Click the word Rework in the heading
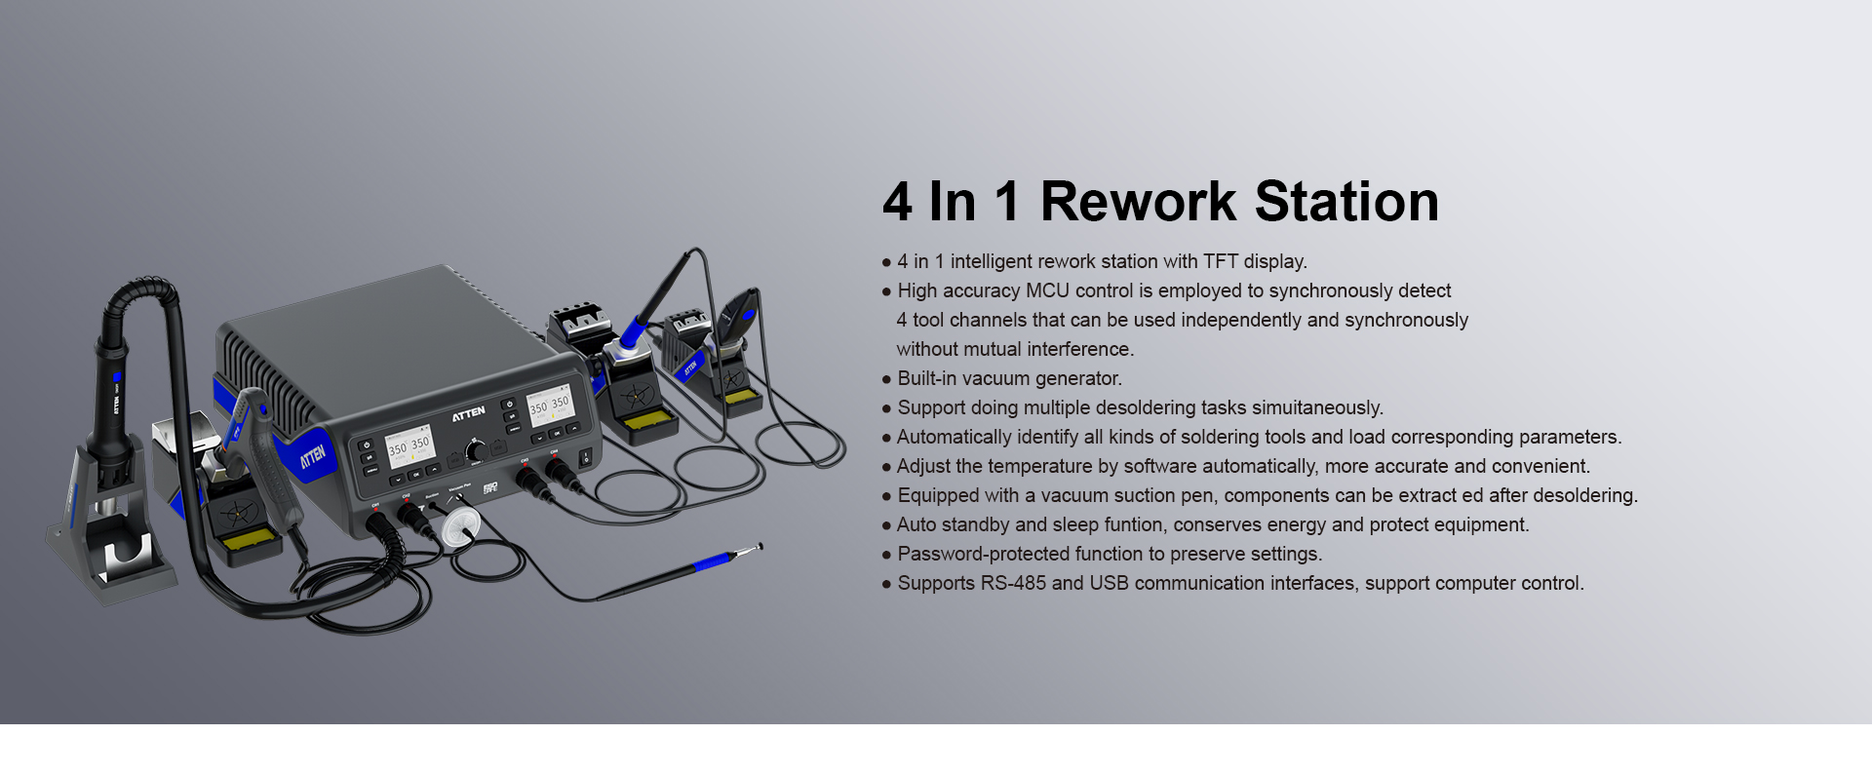pos(1138,202)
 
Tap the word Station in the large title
pos(1346,202)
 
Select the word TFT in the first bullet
pos(1221,261)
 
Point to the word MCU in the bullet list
pos(1047,290)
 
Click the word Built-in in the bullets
pos(927,378)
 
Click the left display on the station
pos(409,445)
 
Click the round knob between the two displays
pos(476,450)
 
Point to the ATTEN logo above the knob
pos(468,414)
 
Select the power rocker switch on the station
pos(586,456)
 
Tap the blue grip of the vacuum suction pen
pos(712,562)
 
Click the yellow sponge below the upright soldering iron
pos(649,420)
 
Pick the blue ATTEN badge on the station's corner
pos(313,455)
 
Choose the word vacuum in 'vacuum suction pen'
pos(1072,496)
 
